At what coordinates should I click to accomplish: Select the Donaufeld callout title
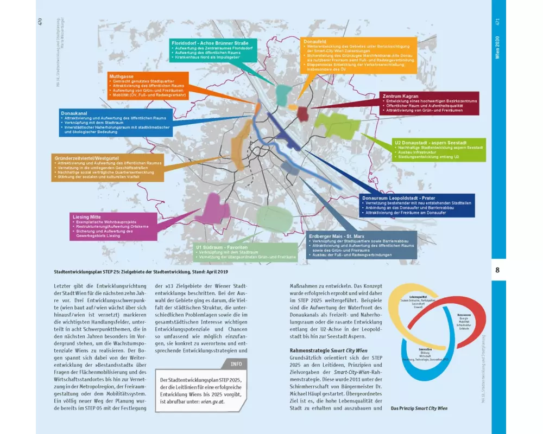click(x=314, y=41)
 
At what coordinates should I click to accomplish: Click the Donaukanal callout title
click(x=74, y=112)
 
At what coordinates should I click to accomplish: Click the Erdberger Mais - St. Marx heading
click(x=336, y=235)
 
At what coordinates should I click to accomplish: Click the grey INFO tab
click(x=236, y=365)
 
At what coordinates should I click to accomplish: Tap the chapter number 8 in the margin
click(x=497, y=270)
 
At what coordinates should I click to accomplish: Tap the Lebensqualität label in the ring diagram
click(x=417, y=297)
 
